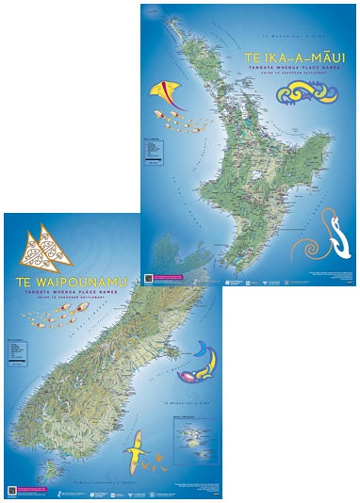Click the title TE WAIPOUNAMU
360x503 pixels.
(57, 280)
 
